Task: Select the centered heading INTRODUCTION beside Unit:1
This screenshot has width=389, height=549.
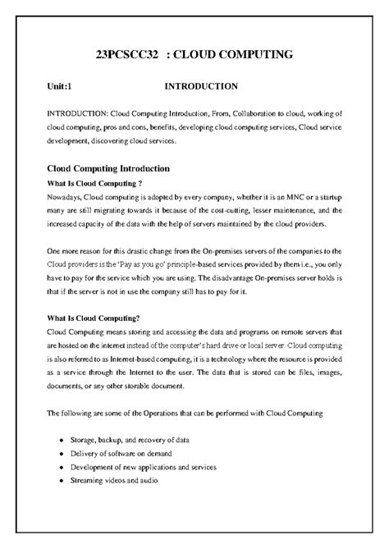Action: (201, 85)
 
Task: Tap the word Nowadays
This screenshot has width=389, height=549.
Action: (64, 198)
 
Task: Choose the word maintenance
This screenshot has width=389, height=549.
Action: (309, 210)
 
